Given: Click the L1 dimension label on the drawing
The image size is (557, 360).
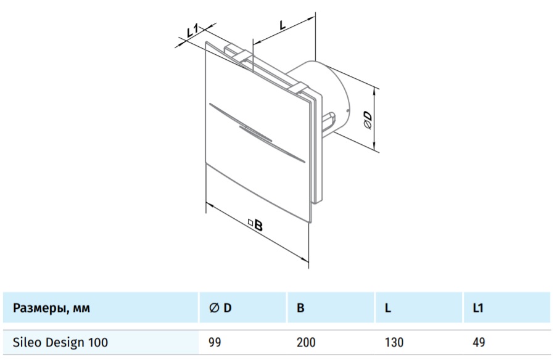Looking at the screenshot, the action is [x=192, y=31].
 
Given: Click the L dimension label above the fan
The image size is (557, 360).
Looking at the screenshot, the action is [x=283, y=25].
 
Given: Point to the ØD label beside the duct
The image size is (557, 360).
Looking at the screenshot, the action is [x=367, y=120].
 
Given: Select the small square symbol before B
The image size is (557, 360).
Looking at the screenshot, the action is [x=250, y=223].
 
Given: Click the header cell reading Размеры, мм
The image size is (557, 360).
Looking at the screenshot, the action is [x=52, y=308].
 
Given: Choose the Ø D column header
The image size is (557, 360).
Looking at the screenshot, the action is [x=220, y=308].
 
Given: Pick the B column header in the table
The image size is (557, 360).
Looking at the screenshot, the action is [x=300, y=308].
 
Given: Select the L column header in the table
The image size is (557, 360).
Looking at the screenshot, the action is [x=388, y=308].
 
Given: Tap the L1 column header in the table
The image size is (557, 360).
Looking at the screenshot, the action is [x=478, y=308].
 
